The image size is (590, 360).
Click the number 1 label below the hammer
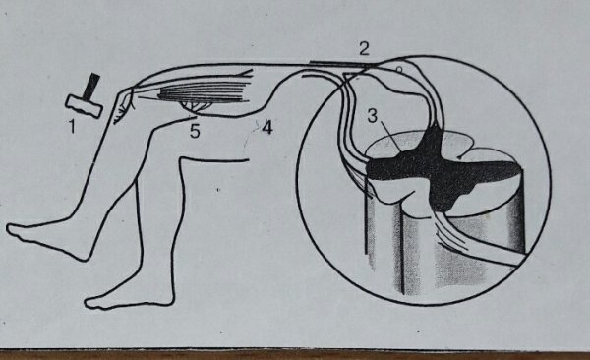72,127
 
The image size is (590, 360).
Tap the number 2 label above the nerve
364,48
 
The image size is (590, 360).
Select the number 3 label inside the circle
372,116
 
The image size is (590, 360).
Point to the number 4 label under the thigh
266,128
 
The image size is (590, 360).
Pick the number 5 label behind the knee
195,131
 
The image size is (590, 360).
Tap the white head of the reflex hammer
85,106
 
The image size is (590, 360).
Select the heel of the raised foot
84,254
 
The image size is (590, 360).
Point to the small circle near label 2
399,69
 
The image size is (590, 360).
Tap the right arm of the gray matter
489,170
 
